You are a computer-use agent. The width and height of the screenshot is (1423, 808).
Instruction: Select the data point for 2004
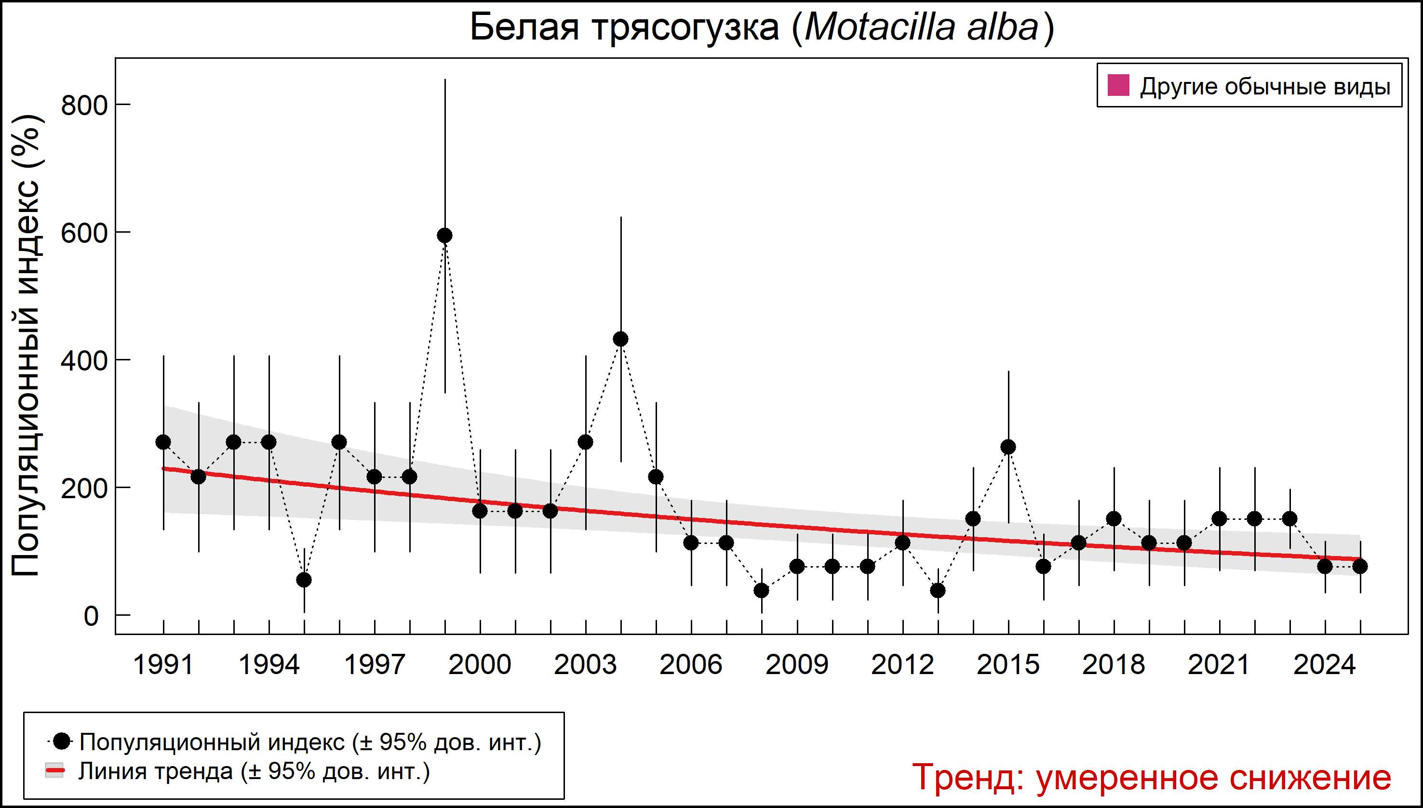tap(621, 339)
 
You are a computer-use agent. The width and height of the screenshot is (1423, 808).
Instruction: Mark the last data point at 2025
tap(1360, 567)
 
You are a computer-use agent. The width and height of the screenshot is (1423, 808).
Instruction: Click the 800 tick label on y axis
tap(84, 105)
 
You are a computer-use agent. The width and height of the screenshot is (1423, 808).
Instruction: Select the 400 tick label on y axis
tap(84, 361)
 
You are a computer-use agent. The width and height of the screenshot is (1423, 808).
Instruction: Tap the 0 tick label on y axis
tap(91, 616)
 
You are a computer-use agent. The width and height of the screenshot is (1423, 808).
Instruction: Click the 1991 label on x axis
tap(163, 664)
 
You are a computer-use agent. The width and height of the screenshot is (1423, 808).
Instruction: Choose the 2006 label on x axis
tap(691, 664)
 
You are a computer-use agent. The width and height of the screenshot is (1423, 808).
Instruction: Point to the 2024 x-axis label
tap(1325, 664)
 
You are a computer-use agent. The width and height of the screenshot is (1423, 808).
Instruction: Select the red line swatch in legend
tap(54, 771)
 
